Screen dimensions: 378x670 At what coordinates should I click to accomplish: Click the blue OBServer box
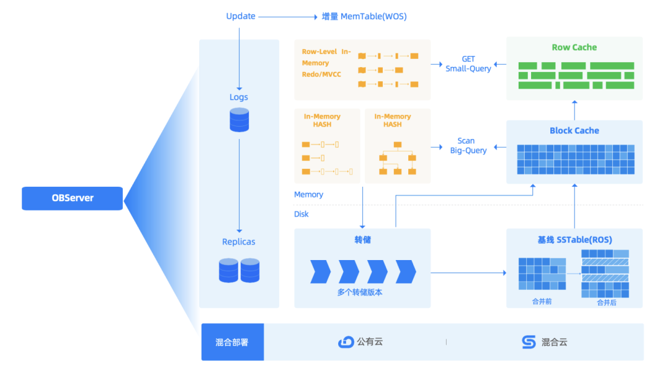(73, 198)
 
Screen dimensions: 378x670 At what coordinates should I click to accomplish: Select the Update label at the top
(241, 16)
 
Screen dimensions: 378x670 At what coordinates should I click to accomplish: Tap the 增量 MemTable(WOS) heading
(364, 17)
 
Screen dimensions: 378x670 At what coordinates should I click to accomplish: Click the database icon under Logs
(239, 119)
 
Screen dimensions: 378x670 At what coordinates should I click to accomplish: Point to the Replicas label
(239, 241)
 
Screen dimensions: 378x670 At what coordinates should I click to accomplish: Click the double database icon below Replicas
(239, 271)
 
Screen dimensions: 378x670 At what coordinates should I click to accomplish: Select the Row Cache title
(574, 47)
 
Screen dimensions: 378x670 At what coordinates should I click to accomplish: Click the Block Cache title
(574, 130)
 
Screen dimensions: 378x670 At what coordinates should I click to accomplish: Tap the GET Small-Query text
(468, 64)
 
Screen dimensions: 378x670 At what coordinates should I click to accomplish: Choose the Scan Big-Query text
(468, 145)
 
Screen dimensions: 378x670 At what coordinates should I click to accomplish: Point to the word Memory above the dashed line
(308, 194)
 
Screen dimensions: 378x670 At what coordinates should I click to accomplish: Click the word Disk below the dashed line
(301, 214)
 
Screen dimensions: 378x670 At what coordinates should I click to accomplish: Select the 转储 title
(362, 240)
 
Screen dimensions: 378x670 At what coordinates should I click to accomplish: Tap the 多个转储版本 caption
(360, 292)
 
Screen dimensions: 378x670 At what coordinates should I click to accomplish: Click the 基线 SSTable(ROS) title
(574, 240)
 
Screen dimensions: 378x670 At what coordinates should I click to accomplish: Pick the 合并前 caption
(541, 302)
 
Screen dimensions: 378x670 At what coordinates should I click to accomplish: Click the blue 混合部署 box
(232, 342)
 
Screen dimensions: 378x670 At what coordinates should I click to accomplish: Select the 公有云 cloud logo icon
(346, 342)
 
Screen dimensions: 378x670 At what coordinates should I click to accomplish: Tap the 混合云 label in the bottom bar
(554, 342)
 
